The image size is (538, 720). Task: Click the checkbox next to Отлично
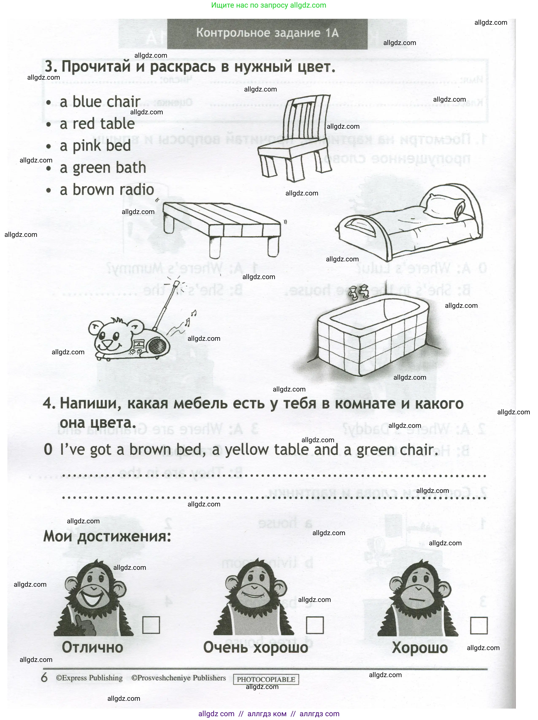tap(151, 625)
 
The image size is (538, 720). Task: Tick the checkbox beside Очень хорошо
tap(315, 625)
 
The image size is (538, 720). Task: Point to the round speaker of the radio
tap(158, 346)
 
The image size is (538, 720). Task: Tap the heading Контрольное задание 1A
tap(267, 33)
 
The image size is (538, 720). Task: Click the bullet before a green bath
tap(49, 169)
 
